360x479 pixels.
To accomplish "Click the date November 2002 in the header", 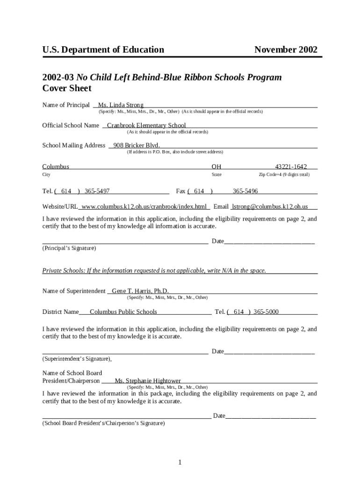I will click(286, 50).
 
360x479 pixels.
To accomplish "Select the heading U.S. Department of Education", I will click(103, 50).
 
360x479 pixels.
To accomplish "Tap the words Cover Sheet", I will click(67, 88).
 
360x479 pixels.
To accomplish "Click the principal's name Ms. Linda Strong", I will click(121, 105).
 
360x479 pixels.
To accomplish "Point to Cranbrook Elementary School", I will click(146, 125).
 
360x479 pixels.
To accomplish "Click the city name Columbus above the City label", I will click(56, 167).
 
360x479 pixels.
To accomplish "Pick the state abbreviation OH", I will click(216, 167).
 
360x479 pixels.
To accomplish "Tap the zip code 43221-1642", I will click(291, 167).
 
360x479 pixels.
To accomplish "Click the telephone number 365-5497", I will click(97, 191).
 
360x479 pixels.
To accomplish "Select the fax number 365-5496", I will click(245, 191).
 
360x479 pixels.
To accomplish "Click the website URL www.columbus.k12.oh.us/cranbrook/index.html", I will click(144, 207).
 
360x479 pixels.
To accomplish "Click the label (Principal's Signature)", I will click(69, 248).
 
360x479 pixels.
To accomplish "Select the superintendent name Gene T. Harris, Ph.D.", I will click(140, 291).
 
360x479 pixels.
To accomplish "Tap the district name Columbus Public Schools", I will click(123, 312).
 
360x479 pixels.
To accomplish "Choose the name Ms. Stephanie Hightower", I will click(148, 381).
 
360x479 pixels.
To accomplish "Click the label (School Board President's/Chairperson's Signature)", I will click(103, 423).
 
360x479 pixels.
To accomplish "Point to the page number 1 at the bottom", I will click(180, 463).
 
